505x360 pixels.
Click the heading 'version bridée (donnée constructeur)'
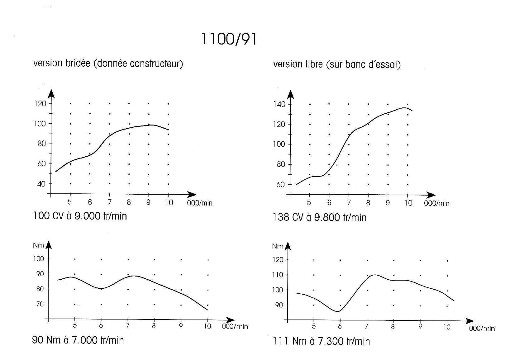click(x=108, y=64)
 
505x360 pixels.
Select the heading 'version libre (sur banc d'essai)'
click(x=337, y=64)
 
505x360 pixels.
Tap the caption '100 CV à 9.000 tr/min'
click(x=80, y=216)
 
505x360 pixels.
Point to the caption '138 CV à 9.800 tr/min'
click(x=320, y=217)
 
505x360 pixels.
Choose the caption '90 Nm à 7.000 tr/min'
click(x=78, y=340)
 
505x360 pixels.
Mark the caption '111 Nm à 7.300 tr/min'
click(x=321, y=341)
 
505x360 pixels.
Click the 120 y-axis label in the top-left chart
click(x=40, y=104)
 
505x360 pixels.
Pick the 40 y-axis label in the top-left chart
click(x=41, y=184)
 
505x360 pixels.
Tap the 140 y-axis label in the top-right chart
click(x=279, y=104)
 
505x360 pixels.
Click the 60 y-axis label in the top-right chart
click(x=281, y=185)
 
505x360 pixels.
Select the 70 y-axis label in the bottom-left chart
click(x=40, y=304)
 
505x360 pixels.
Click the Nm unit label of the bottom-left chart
click(x=38, y=245)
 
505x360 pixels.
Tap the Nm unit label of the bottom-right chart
click(x=277, y=246)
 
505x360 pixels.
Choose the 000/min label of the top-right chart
click(x=437, y=204)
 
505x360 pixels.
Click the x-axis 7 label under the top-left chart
click(x=110, y=202)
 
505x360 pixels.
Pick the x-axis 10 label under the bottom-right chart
click(x=447, y=327)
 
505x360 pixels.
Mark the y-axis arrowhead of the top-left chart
click(x=51, y=93)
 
